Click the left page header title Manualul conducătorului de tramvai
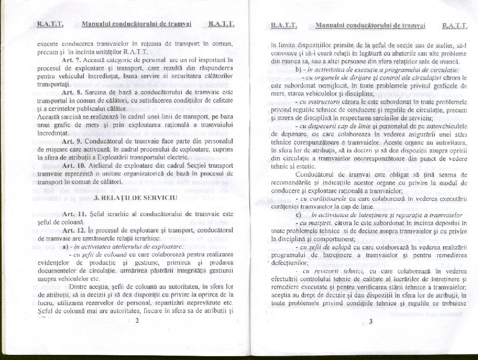136,24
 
